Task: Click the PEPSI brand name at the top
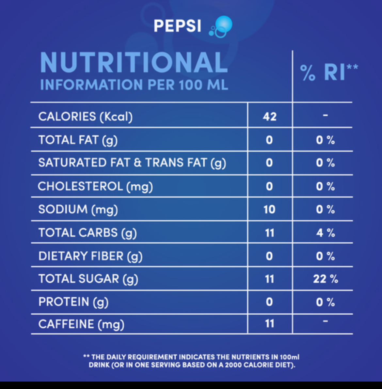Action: (x=177, y=25)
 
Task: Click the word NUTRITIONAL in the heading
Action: (x=134, y=62)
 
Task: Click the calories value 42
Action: (x=270, y=117)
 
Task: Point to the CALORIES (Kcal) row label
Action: (x=86, y=117)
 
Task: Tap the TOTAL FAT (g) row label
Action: (x=78, y=140)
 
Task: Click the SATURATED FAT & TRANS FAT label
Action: (x=132, y=163)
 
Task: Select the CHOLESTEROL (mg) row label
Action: (x=95, y=187)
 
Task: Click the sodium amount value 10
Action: (x=270, y=210)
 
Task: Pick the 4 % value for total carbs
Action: (x=326, y=233)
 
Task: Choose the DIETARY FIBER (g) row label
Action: (x=90, y=256)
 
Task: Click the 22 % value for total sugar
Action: (x=326, y=279)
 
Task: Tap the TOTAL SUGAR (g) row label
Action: (x=88, y=279)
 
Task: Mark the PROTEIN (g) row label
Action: (x=73, y=302)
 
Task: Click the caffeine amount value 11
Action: (x=270, y=324)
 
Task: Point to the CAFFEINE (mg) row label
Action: (x=81, y=324)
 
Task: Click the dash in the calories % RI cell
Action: (x=326, y=115)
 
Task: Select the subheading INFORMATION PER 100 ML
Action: (x=134, y=85)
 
